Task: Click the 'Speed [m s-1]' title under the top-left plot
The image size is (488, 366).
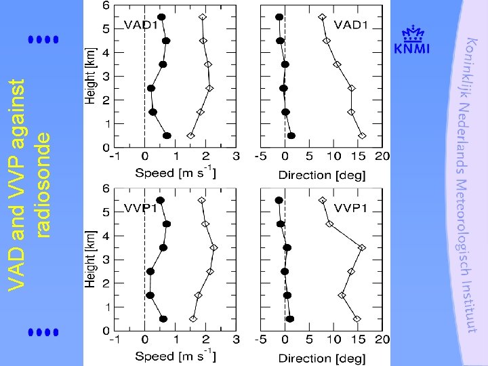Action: [x=176, y=173]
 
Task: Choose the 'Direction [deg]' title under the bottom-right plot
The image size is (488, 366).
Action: [x=322, y=357]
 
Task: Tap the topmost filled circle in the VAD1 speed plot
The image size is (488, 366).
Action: [x=161, y=17]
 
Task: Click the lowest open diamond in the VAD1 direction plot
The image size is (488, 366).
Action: [x=363, y=136]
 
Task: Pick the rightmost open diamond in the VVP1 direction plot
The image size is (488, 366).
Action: [x=363, y=247]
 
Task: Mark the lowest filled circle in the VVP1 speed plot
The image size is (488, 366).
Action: [x=163, y=319]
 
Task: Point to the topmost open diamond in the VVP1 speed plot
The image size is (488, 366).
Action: [x=201, y=201]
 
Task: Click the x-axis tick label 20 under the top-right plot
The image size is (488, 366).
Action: [x=384, y=156]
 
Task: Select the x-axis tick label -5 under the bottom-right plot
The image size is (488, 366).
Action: [x=259, y=339]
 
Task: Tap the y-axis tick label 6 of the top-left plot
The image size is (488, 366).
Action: [x=105, y=5]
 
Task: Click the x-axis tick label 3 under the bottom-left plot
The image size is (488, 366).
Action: [x=236, y=339]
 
